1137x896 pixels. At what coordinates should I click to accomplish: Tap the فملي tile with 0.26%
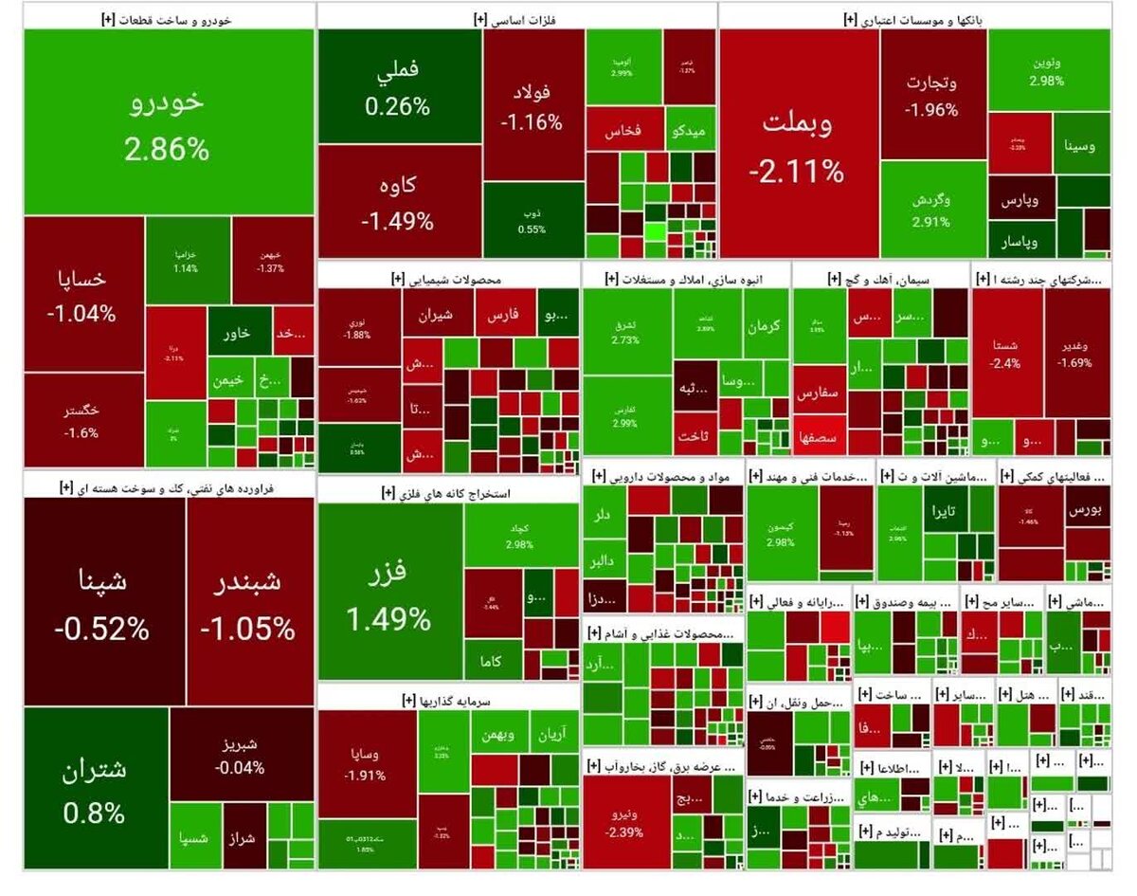(x=399, y=87)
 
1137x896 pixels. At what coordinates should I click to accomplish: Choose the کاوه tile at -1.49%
(x=399, y=201)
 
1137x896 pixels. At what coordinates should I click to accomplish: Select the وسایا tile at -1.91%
(x=367, y=763)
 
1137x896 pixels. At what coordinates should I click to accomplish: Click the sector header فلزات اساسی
(x=515, y=17)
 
